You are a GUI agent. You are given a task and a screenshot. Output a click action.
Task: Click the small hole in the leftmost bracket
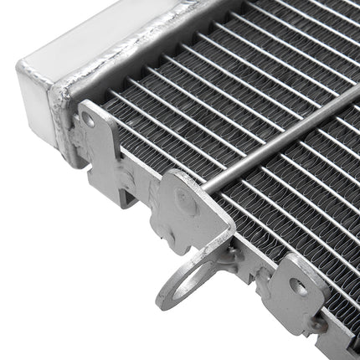[89, 120]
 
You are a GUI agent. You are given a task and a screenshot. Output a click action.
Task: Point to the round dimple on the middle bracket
[186, 201]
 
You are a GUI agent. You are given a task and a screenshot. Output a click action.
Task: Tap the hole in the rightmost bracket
[298, 285]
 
